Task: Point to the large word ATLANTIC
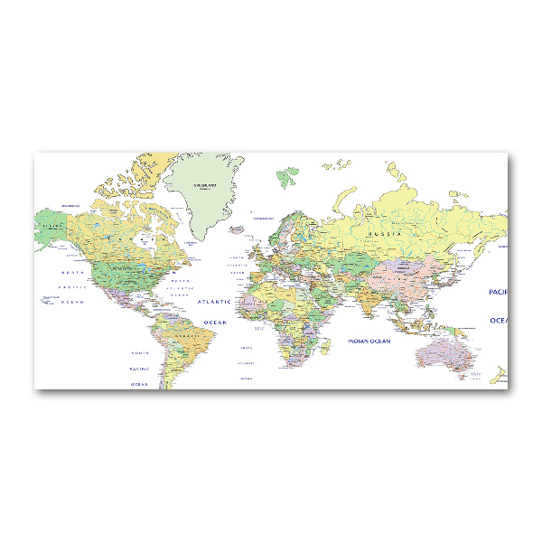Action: click(214, 301)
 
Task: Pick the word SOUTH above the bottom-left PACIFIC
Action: click(139, 352)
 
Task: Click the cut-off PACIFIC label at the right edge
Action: click(498, 292)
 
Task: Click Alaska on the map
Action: click(54, 222)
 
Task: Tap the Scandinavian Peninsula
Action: click(289, 226)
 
